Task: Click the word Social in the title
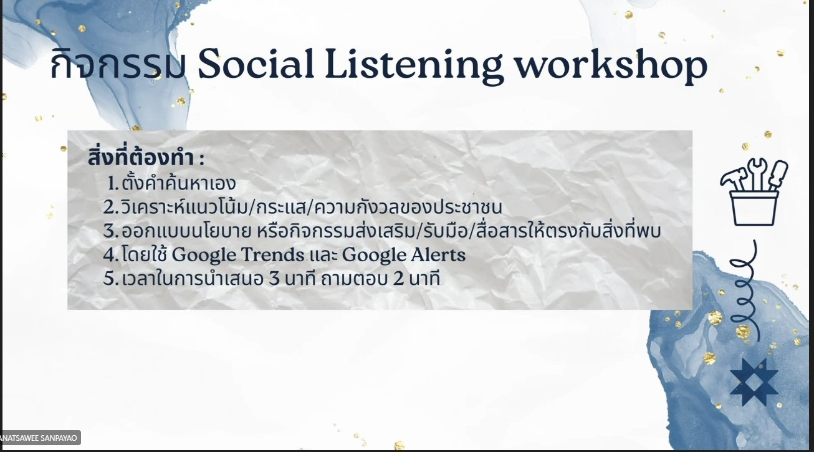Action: (256, 64)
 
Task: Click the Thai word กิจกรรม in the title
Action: (118, 65)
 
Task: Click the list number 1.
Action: (113, 184)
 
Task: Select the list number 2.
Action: (111, 207)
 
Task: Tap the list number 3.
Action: (111, 231)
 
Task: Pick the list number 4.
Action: (111, 255)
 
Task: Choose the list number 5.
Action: (111, 279)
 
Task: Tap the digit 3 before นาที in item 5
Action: (274, 279)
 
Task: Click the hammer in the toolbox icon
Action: (734, 179)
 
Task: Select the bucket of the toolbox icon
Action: (754, 208)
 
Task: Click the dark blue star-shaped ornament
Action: (754, 382)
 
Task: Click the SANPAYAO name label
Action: (40, 438)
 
